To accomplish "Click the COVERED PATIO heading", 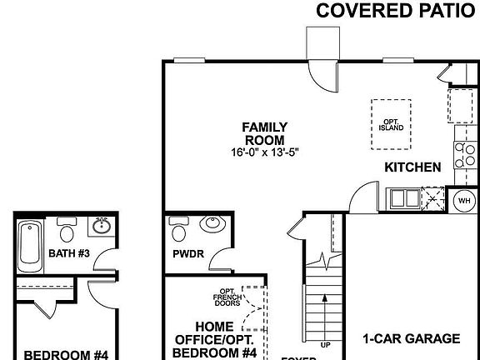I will tap(397, 11).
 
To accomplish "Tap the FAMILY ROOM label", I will tap(264, 133).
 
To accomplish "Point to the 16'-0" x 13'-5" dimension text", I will tap(264, 153).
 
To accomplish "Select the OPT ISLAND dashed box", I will tap(391, 125).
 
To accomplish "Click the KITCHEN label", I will tap(412, 167).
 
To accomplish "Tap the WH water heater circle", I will tap(463, 200).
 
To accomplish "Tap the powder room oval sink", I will tap(212, 224).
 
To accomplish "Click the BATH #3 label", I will tap(69, 253).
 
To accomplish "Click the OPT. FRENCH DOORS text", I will tap(226, 297).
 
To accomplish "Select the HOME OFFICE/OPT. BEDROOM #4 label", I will tap(216, 340).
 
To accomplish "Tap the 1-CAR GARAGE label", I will tap(411, 339).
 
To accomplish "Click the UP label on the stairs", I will tap(326, 343).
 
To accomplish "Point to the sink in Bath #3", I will tap(100, 226).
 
